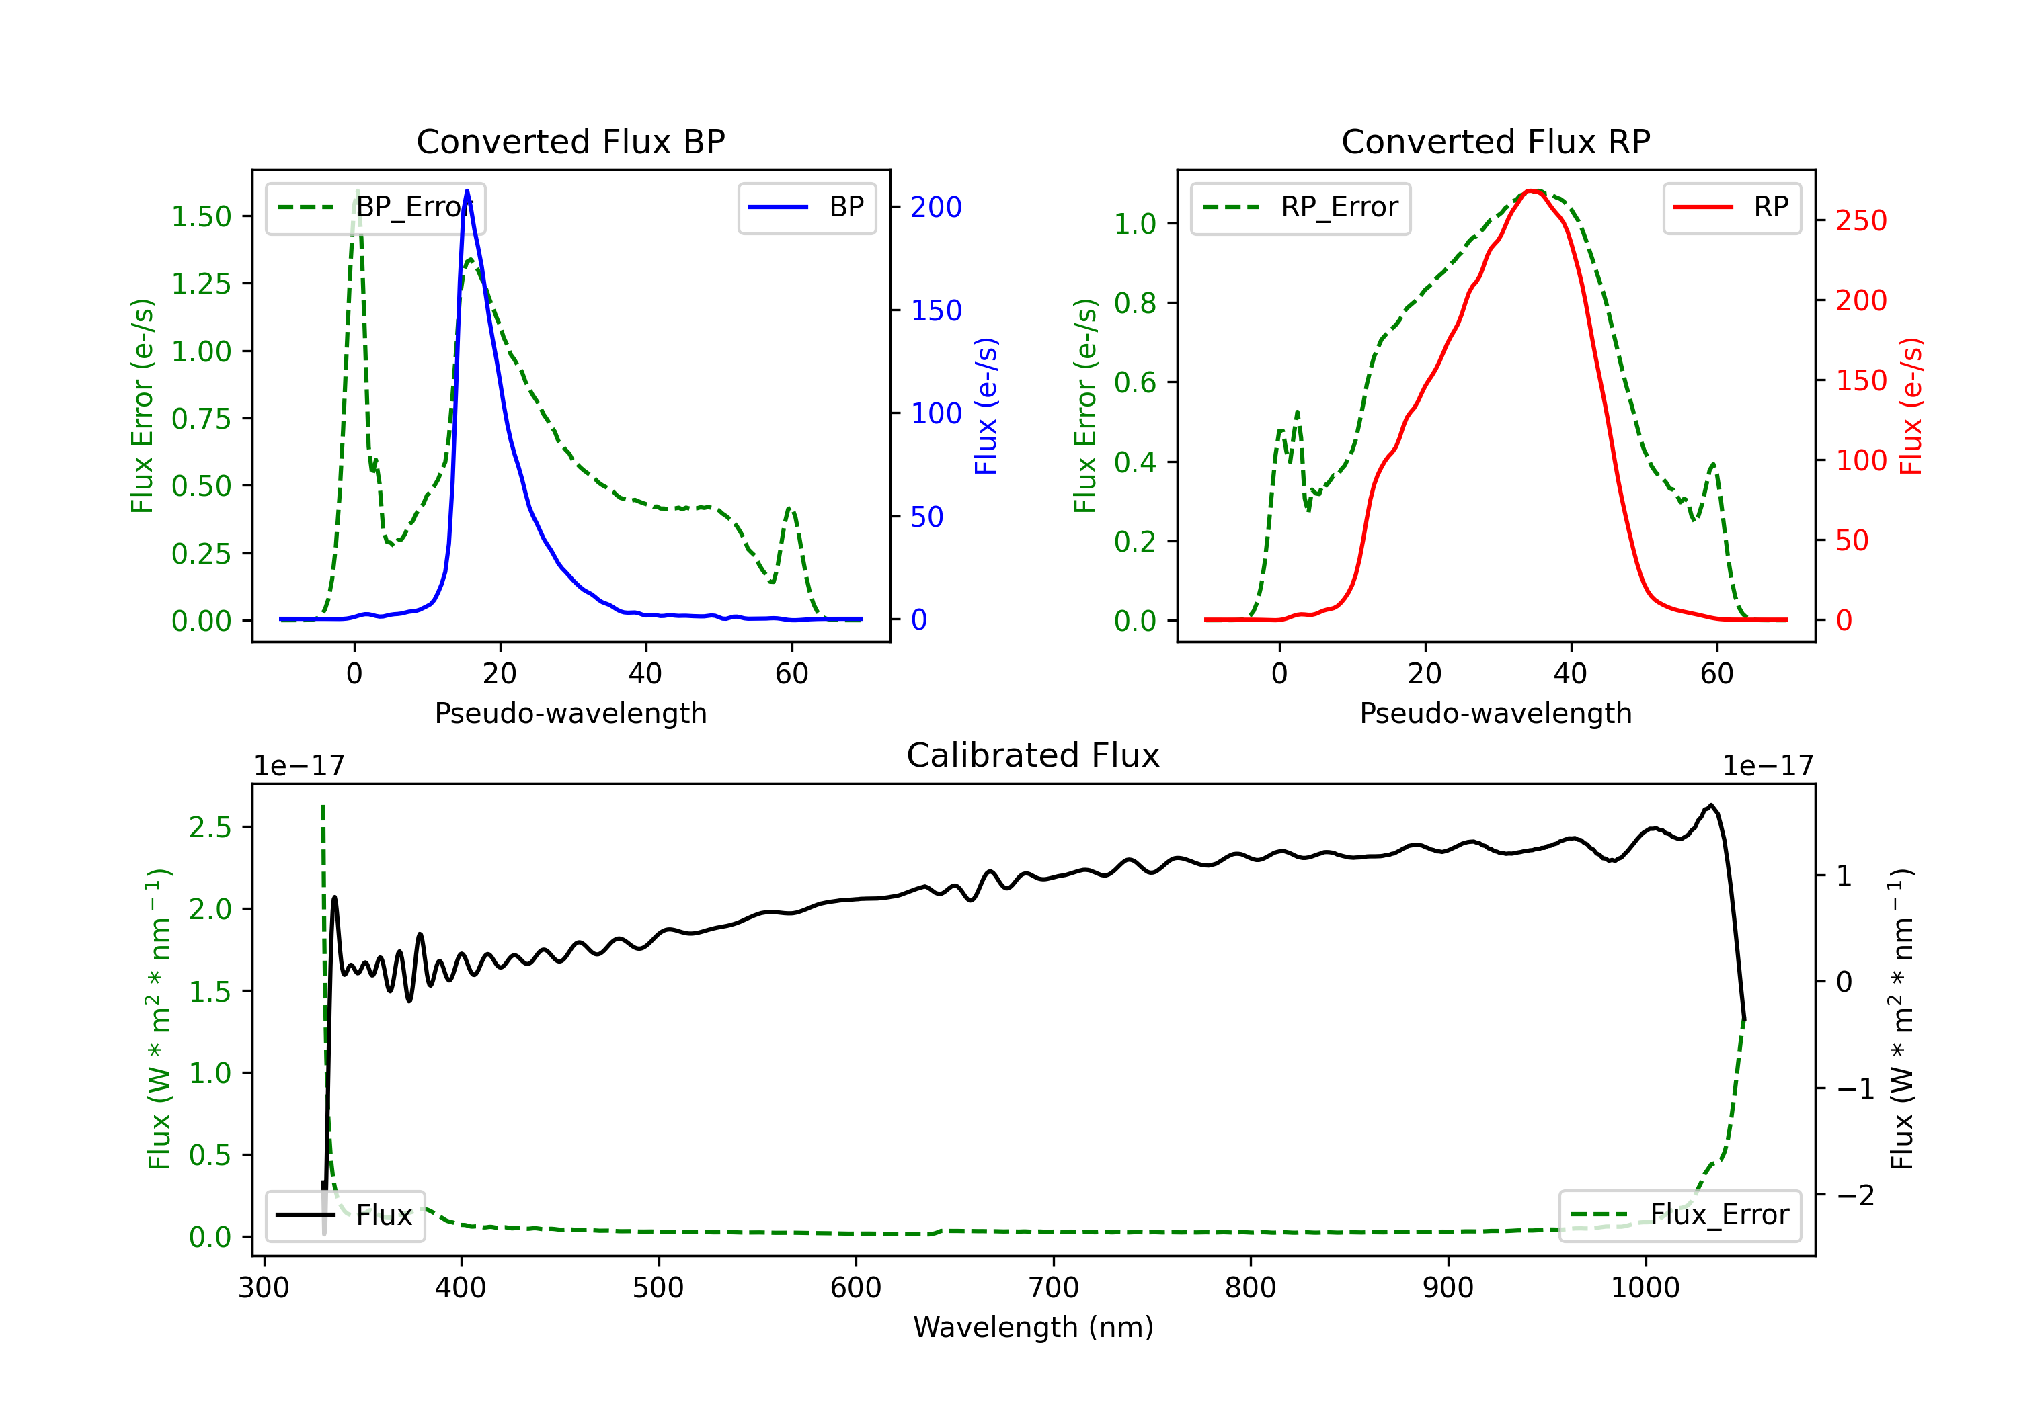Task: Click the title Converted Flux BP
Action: click(x=571, y=141)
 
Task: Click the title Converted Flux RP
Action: click(x=1496, y=141)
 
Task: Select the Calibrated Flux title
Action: click(x=1033, y=755)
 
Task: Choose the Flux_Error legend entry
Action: click(x=1679, y=1215)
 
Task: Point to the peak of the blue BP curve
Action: click(x=467, y=191)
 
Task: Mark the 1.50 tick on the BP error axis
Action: click(x=201, y=217)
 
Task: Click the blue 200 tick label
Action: click(x=936, y=207)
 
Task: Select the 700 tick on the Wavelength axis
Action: click(x=1054, y=1288)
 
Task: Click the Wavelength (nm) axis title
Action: click(x=1033, y=1328)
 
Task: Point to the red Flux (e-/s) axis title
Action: click(x=1911, y=406)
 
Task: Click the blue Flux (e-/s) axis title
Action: click(x=986, y=406)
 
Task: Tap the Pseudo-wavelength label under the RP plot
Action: click(x=1496, y=713)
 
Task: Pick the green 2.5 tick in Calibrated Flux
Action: click(x=210, y=827)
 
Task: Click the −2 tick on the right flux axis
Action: click(x=1854, y=1195)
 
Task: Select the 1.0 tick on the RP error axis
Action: click(x=1135, y=224)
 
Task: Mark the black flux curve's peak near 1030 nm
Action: click(x=1710, y=805)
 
